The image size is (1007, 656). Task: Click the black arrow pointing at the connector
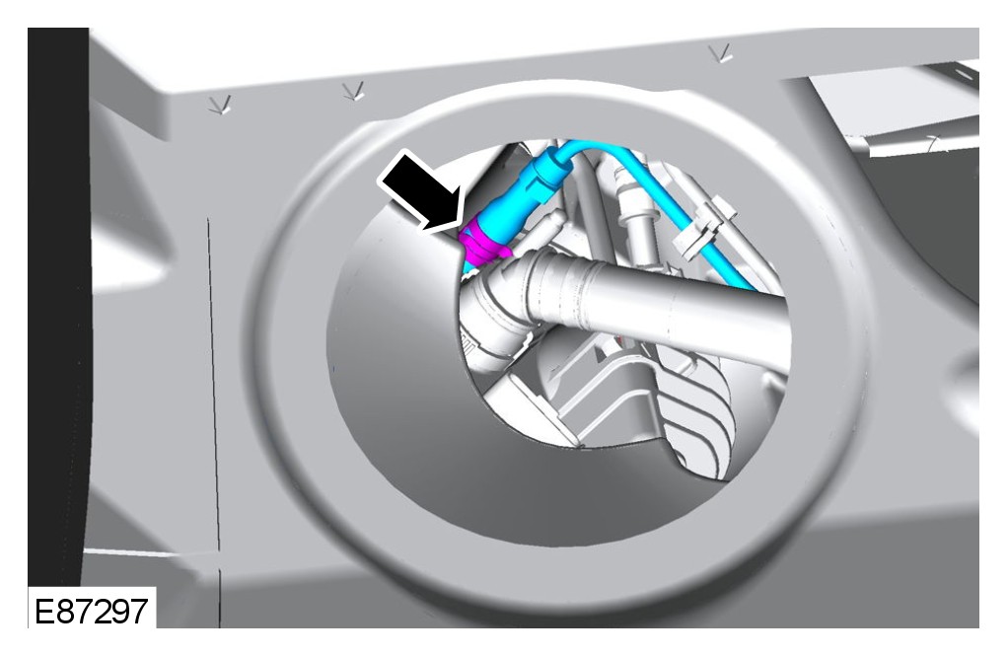coord(422,191)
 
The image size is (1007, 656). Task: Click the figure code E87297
coord(91,611)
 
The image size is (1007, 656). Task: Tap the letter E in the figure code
coord(44,611)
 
